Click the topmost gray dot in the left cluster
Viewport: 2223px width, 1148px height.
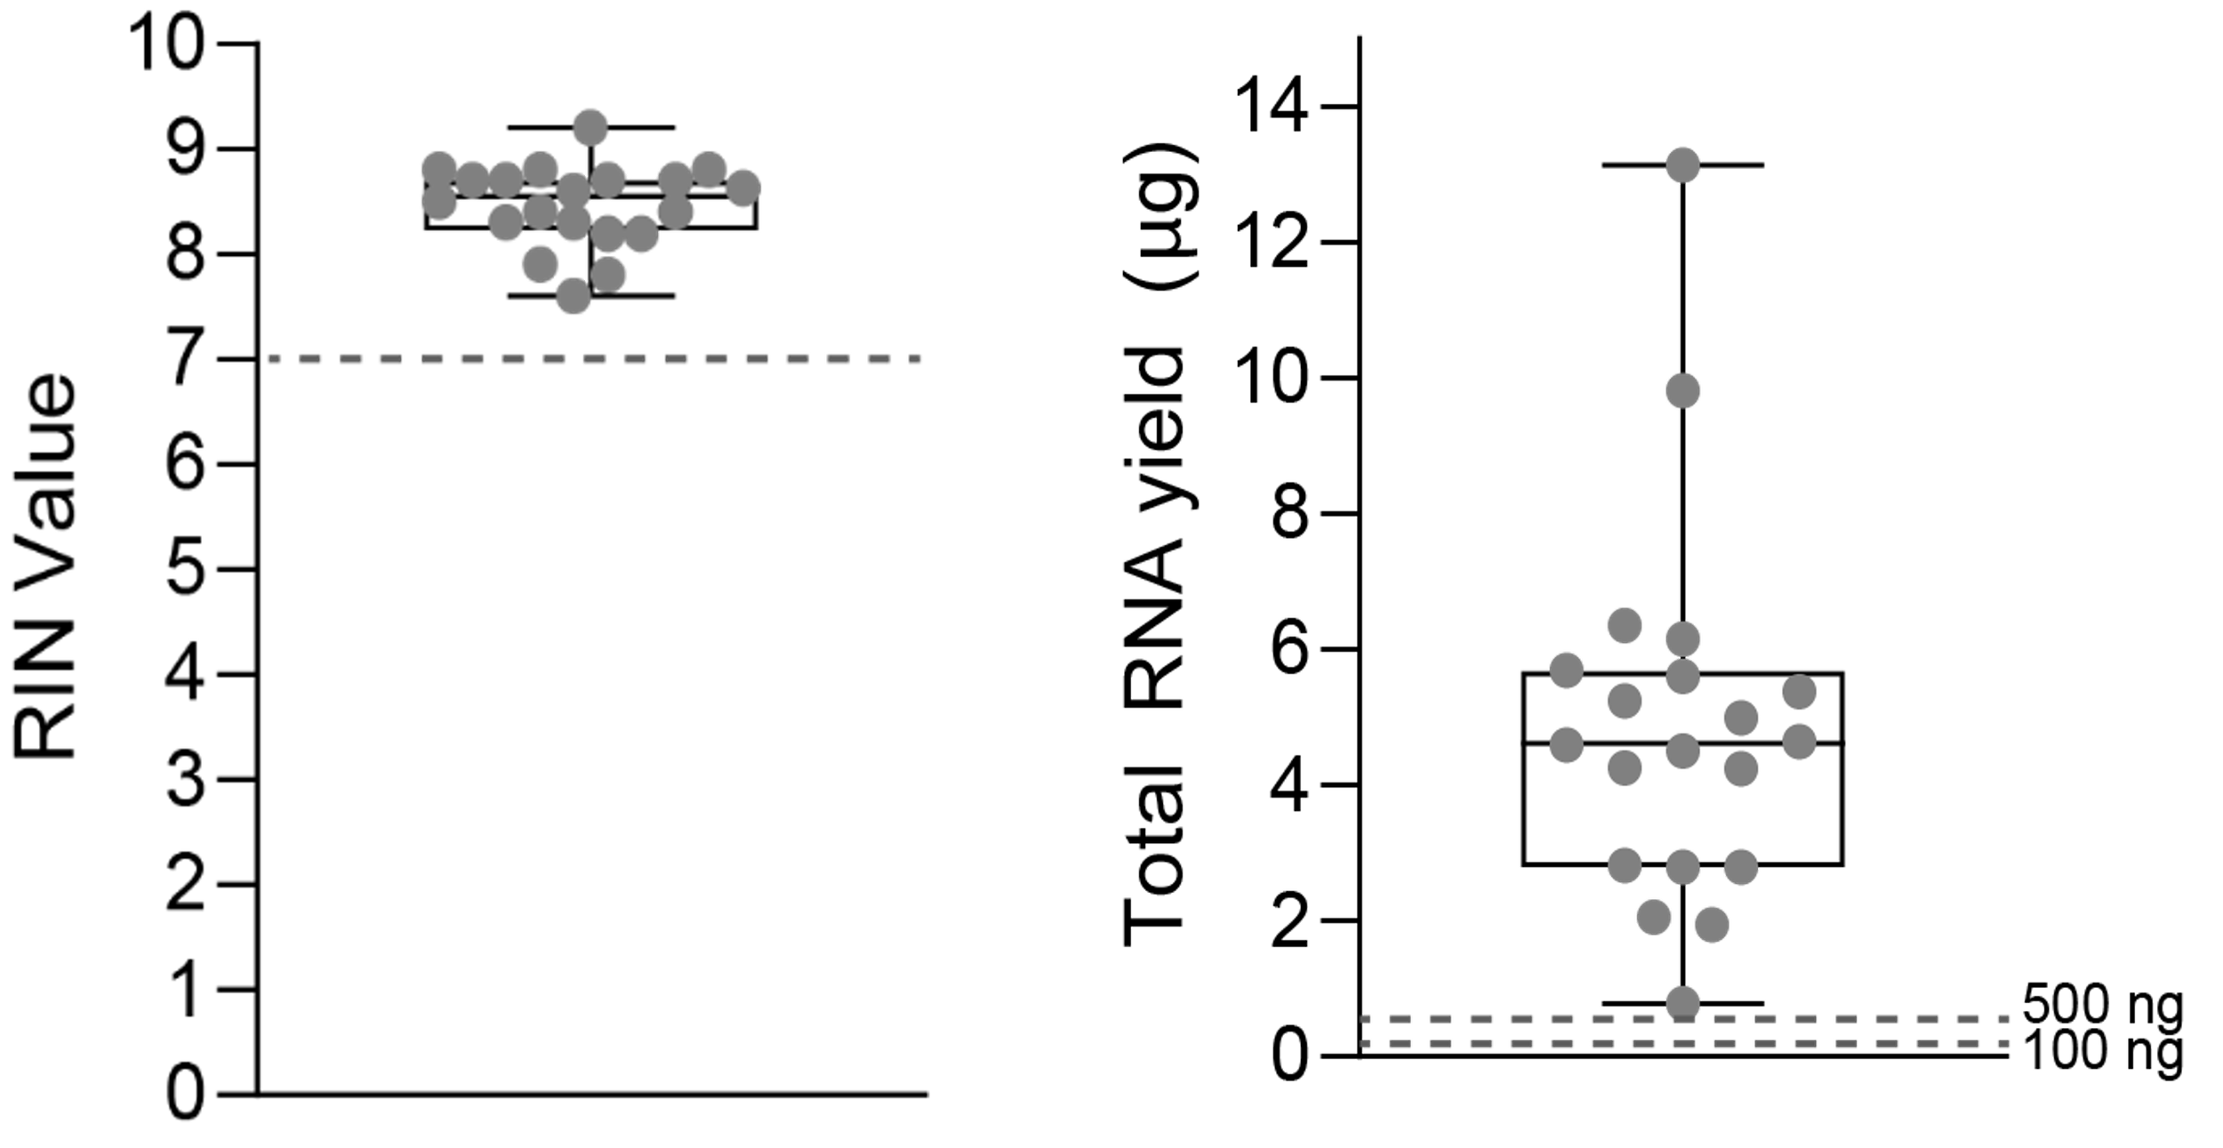click(x=590, y=126)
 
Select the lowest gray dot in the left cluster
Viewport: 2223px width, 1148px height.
click(x=574, y=295)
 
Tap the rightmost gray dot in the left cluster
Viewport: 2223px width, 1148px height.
click(x=742, y=187)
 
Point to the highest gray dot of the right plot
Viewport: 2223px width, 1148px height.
click(x=1682, y=165)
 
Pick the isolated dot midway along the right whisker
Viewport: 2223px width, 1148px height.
click(x=1682, y=390)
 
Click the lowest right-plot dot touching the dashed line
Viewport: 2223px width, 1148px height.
click(x=1682, y=1001)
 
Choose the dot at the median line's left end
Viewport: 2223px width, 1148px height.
click(x=1567, y=744)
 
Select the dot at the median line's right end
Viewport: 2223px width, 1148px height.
click(x=1799, y=742)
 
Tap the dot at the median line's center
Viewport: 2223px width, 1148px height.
click(x=1682, y=751)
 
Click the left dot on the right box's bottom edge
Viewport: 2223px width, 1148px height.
click(x=1625, y=865)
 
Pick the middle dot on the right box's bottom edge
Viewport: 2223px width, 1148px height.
click(x=1682, y=866)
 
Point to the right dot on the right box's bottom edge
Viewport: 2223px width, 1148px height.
click(x=1741, y=866)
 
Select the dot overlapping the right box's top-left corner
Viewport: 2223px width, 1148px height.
click(x=1567, y=670)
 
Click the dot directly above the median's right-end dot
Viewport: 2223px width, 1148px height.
click(x=1799, y=691)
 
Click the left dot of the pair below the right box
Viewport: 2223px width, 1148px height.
click(x=1653, y=917)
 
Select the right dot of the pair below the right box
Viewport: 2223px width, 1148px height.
click(x=1712, y=925)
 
